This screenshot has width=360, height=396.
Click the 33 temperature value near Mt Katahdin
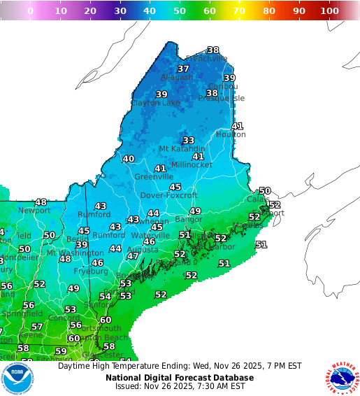pos(188,141)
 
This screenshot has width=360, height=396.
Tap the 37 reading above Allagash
pos(183,69)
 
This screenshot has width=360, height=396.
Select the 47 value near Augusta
pos(132,256)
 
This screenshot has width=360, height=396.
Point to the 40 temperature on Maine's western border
pos(129,159)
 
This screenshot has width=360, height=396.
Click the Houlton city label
pos(231,134)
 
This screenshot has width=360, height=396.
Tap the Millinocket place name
pos(192,165)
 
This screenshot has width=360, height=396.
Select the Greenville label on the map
pos(154,177)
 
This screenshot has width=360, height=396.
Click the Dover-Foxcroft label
pos(168,196)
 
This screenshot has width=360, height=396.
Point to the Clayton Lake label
pos(155,103)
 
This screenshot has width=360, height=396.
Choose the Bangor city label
pos(189,220)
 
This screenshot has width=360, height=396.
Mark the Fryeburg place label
pos(91,271)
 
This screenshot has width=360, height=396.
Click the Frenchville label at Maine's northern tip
pos(206,59)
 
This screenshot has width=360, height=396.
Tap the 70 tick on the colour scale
pos(240,11)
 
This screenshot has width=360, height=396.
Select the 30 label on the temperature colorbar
pos(120,11)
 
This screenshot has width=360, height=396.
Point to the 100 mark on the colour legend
pos(329,11)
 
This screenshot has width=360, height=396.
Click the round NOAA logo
pos(17,379)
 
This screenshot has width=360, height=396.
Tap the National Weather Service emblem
pos(342,379)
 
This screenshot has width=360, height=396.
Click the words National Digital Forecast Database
pos(180,378)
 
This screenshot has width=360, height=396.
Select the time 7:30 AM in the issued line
pos(213,386)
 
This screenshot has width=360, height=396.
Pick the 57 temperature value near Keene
pos(37,327)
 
